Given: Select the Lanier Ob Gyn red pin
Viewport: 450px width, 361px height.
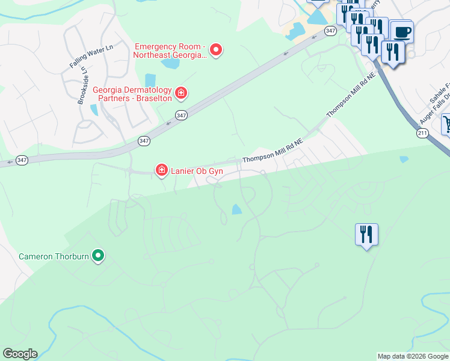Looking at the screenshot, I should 161,171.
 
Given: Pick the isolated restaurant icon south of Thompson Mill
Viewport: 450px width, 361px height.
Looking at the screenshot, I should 366,234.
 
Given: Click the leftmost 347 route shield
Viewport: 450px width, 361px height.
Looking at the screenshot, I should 22,160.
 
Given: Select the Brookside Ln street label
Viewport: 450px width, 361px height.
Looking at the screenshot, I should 82,85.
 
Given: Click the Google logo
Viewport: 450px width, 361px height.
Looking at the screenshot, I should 20,354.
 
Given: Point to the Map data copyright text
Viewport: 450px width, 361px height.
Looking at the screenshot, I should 413,356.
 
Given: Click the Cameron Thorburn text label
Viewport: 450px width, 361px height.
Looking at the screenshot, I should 53,256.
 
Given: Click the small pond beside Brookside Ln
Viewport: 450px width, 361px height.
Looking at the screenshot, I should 94,110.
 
